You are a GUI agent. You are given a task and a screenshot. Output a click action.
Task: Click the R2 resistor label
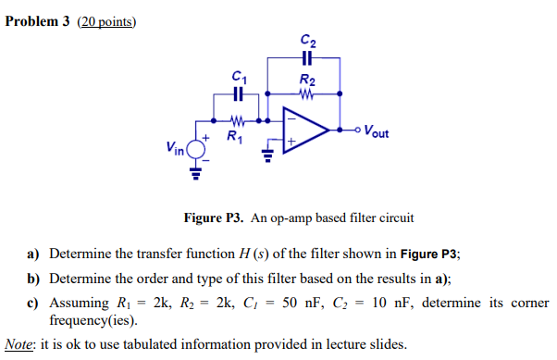click(x=306, y=80)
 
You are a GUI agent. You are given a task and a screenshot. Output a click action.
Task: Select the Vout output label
click(x=377, y=131)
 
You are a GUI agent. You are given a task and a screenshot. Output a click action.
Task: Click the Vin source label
click(x=174, y=146)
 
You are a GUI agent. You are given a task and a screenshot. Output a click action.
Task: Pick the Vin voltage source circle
click(x=197, y=146)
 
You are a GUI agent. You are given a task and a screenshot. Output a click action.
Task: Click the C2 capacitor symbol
click(x=306, y=56)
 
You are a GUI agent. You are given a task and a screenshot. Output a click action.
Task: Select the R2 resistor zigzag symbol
click(x=306, y=93)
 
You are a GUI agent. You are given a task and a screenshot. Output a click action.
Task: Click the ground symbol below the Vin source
click(x=197, y=172)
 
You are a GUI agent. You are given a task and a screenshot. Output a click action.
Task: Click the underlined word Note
click(x=20, y=344)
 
